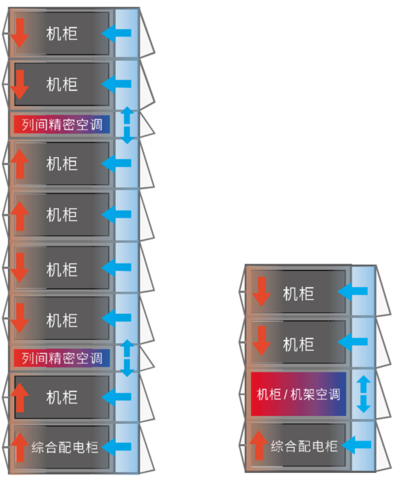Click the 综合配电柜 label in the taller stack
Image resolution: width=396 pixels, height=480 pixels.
pyautogui.click(x=65, y=447)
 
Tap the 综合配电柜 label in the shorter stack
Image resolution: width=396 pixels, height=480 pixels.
pyautogui.click(x=304, y=447)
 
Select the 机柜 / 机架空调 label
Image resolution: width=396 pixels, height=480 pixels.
pyautogui.click(x=298, y=395)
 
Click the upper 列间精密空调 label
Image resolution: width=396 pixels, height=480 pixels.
pyautogui.click(x=61, y=124)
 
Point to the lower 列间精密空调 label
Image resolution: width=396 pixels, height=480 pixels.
pyautogui.click(x=61, y=358)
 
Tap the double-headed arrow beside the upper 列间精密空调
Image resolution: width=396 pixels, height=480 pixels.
pyautogui.click(x=127, y=125)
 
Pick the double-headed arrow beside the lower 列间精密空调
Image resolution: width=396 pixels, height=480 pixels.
pyautogui.click(x=127, y=358)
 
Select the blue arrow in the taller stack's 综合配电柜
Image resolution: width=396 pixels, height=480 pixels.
pyautogui.click(x=118, y=447)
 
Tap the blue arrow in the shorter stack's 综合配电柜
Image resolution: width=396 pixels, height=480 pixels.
pyautogui.click(x=357, y=446)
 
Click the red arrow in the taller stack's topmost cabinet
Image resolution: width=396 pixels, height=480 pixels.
pyautogui.click(x=20, y=33)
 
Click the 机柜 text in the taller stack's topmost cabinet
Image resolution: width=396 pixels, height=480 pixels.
pyautogui.click(x=62, y=33)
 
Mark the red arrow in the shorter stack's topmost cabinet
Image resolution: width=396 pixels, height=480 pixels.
pyautogui.click(x=261, y=292)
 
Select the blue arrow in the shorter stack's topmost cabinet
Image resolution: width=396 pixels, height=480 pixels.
pyautogui.click(x=357, y=292)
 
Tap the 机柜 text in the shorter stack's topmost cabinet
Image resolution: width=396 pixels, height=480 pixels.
pyautogui.click(x=299, y=293)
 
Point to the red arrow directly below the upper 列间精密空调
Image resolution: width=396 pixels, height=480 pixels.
pyautogui.click(x=20, y=164)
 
